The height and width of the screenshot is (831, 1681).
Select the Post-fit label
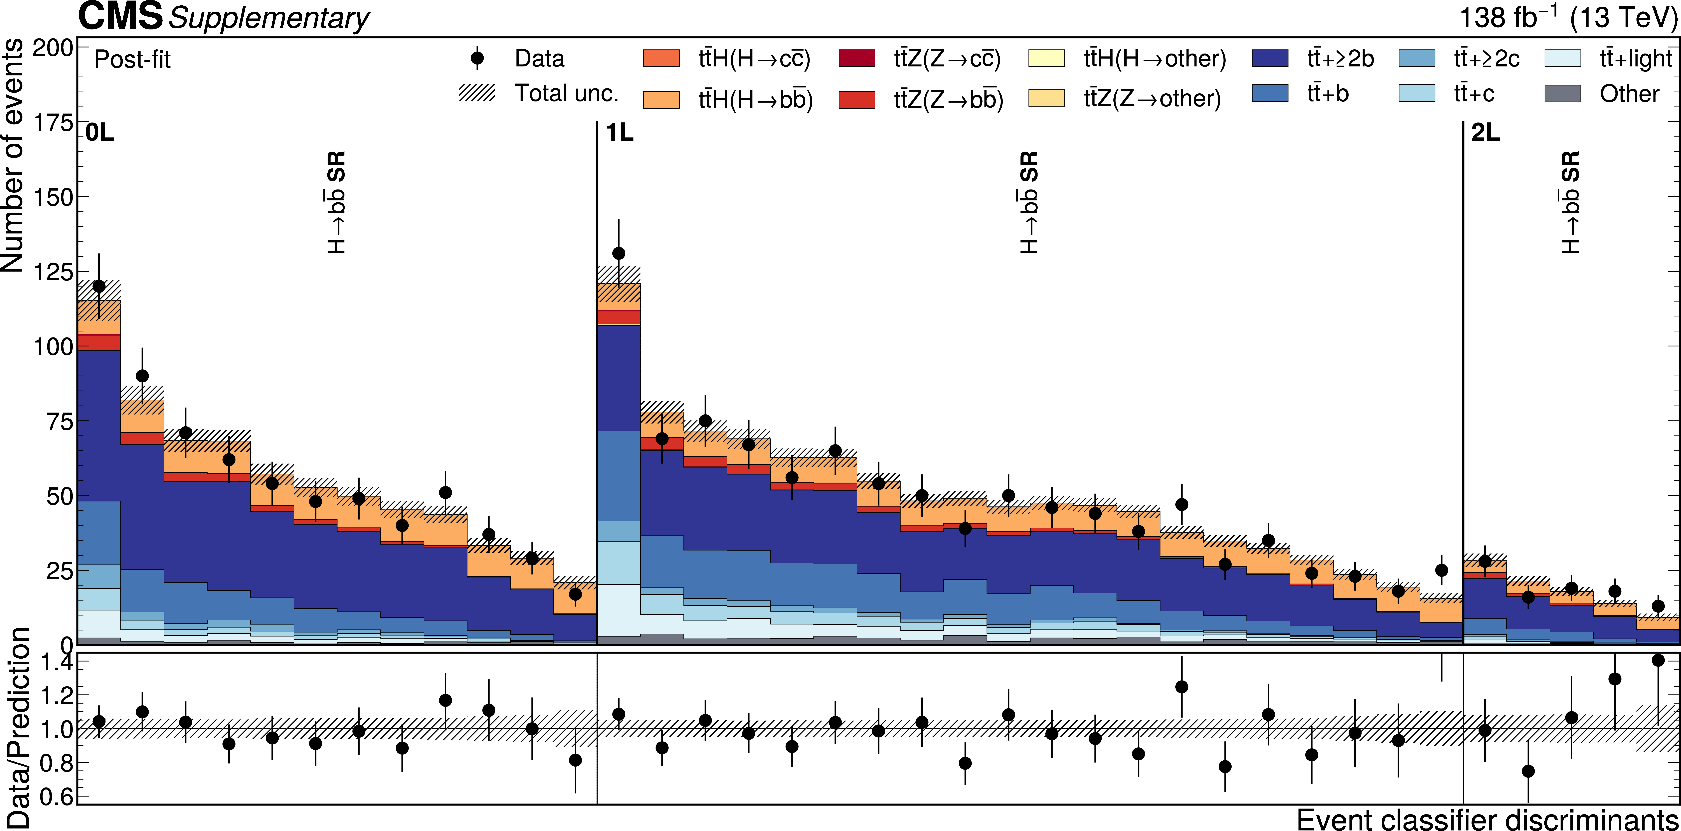pyautogui.click(x=132, y=59)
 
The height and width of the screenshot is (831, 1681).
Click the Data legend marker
pyautogui.click(x=478, y=58)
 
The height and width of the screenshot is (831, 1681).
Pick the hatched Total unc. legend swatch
pyautogui.click(x=478, y=93)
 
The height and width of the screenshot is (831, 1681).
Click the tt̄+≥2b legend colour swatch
pyautogui.click(x=1270, y=58)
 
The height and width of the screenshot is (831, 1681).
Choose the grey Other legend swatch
pyautogui.click(x=1563, y=93)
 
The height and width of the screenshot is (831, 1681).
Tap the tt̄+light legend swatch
pyautogui.click(x=1563, y=58)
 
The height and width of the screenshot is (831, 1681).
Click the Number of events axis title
pyautogui.click(x=13, y=155)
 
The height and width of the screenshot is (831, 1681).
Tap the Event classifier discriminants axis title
pyautogui.click(x=1488, y=819)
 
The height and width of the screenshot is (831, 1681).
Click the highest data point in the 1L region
pyautogui.click(x=619, y=253)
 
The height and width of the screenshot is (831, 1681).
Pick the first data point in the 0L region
pyautogui.click(x=99, y=286)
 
